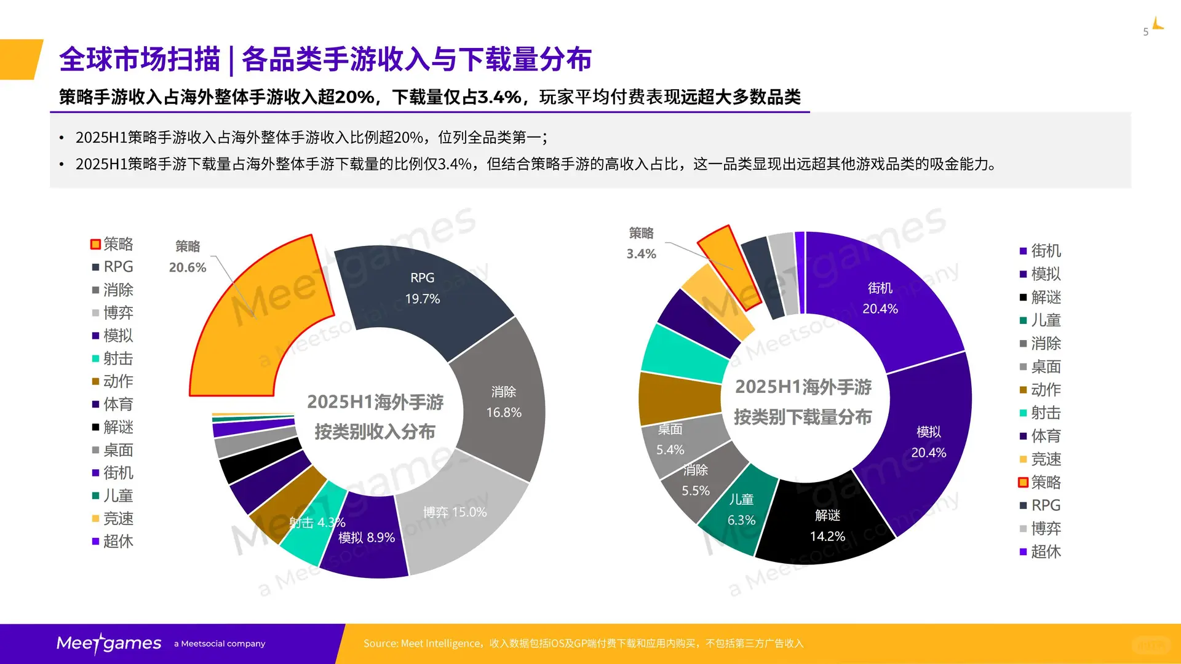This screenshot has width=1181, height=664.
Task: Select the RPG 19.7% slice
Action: click(x=423, y=289)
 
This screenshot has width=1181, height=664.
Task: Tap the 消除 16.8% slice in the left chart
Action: click(x=503, y=402)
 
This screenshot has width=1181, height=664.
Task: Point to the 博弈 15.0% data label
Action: click(x=455, y=512)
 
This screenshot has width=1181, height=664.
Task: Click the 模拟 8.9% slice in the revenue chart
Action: click(x=367, y=537)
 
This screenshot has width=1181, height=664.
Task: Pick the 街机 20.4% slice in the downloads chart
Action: click(x=880, y=298)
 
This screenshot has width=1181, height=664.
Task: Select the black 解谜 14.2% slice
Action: click(x=827, y=526)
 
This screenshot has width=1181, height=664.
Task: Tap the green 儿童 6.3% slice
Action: click(x=741, y=510)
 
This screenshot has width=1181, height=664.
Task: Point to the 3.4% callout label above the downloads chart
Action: click(x=641, y=254)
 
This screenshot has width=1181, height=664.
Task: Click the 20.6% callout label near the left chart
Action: click(x=188, y=267)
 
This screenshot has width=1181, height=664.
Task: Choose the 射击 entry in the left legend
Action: click(x=117, y=358)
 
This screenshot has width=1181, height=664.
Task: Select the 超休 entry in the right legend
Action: click(x=1045, y=551)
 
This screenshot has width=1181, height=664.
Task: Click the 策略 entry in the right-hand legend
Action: click(x=1045, y=483)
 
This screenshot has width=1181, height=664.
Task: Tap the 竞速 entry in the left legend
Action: click(x=117, y=518)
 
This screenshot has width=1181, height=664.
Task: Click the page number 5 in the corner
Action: click(x=1145, y=32)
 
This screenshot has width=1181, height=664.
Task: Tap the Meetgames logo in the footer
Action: click(x=109, y=643)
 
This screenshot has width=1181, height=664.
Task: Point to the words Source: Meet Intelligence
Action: click(x=421, y=643)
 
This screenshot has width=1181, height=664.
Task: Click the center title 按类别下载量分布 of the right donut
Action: click(x=803, y=417)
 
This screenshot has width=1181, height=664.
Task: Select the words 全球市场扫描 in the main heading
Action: click(x=140, y=60)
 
